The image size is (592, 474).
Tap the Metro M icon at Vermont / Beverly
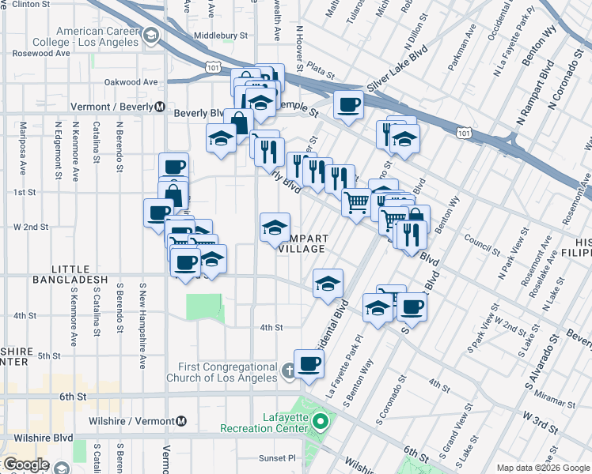(160, 107)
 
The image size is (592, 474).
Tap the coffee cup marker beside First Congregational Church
(309, 363)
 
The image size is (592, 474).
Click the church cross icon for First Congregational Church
(290, 369)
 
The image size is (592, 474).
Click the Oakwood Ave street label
(131, 81)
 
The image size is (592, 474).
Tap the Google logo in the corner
(25, 465)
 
